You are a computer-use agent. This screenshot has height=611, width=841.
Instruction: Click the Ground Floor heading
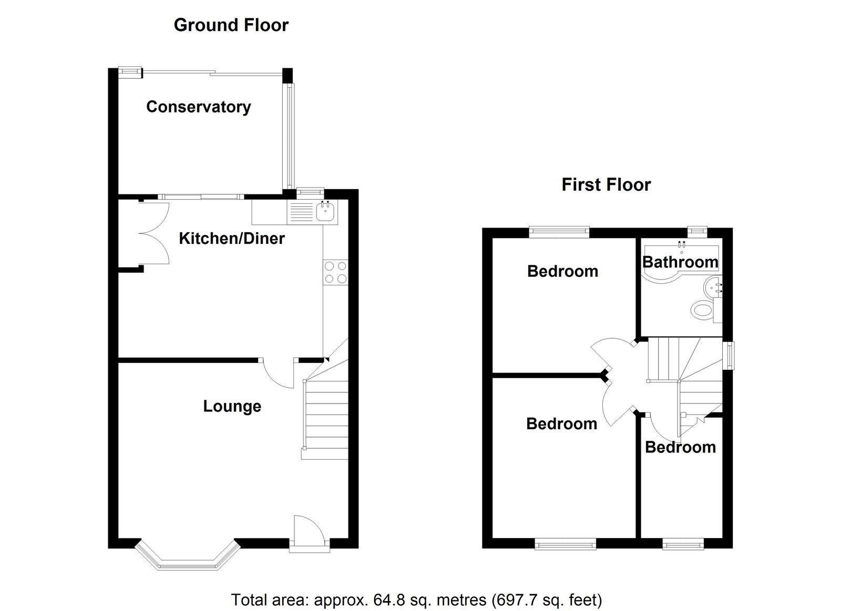click(231, 26)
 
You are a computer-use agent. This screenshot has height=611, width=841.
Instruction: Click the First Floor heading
click(606, 185)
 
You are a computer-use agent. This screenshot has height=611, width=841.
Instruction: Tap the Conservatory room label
click(199, 107)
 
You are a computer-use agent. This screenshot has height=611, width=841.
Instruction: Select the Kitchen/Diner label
click(232, 239)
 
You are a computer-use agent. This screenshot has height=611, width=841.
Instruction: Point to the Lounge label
click(232, 407)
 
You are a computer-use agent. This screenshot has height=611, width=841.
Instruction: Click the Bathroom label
click(680, 262)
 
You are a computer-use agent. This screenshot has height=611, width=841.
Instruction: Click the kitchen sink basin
click(325, 212)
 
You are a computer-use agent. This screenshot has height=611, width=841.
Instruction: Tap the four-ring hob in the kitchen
click(335, 272)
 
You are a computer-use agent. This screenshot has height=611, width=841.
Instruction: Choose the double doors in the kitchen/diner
click(155, 233)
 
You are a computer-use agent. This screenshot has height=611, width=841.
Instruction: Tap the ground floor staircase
click(325, 409)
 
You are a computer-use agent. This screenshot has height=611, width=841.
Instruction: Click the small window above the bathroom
click(697, 231)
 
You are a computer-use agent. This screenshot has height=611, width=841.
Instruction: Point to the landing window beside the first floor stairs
click(730, 356)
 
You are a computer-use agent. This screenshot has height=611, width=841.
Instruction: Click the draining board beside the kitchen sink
click(300, 212)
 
